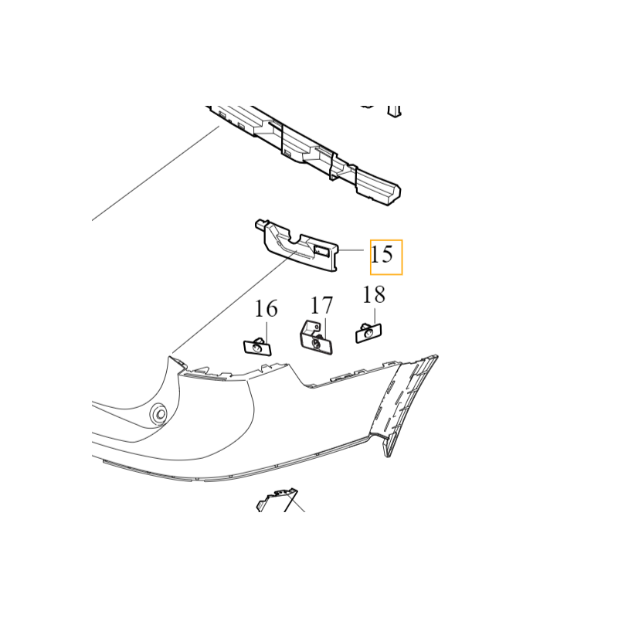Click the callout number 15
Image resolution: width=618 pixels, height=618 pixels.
coord(382,254)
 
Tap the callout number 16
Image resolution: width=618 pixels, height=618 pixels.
coord(266,308)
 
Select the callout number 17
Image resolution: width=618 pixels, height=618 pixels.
coord(321,305)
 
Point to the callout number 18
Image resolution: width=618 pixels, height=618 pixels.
coord(374,294)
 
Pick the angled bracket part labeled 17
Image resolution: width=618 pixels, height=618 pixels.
coord(316,338)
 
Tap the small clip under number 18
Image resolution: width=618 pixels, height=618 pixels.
coord(368,333)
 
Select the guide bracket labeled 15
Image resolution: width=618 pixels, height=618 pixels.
coord(297,245)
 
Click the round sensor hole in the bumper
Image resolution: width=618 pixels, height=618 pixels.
coord(160,414)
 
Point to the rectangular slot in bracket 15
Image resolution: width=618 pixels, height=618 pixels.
coord(321,250)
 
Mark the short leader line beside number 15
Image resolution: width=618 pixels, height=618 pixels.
coord(351,250)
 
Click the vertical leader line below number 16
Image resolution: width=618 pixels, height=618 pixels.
coord(267,336)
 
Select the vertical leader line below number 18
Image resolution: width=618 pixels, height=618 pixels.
coord(375,318)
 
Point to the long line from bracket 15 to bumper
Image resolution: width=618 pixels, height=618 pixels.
coord(234,301)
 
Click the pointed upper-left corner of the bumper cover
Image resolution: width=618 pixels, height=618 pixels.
coord(170,357)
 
